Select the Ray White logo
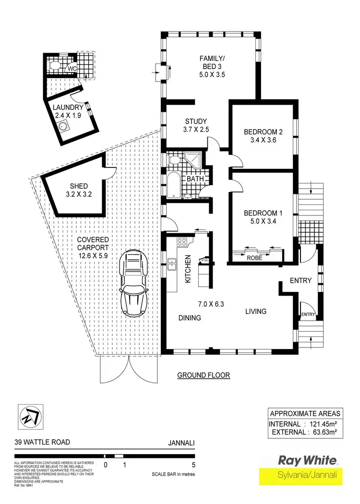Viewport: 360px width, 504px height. (308, 460)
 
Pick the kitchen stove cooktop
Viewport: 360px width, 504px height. (182, 242)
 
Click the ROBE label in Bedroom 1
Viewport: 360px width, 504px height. (254, 258)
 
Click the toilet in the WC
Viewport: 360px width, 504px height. (54, 66)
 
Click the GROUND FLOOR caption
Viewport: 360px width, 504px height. (204, 375)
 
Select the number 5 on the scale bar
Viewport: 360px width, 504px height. (193, 465)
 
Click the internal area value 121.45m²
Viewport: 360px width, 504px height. (321, 424)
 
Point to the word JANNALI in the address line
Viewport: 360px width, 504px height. (183, 444)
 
